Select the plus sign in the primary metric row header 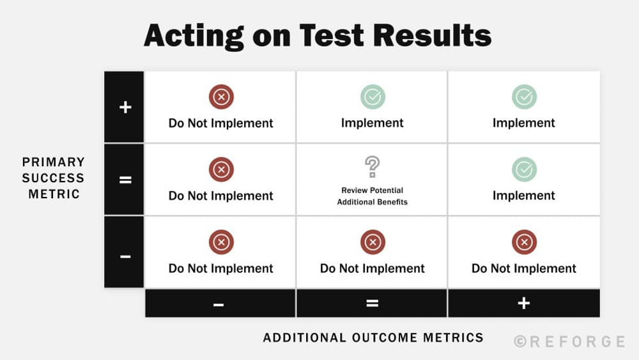(x=125, y=107)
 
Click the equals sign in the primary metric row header (x=125, y=180)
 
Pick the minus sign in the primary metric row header (x=125, y=256)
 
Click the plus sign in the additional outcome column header (x=524, y=303)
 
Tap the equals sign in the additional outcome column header (x=373, y=303)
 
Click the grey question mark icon (x=373, y=167)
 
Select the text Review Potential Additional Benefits (x=373, y=196)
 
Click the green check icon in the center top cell (x=373, y=97)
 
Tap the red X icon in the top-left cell (x=221, y=97)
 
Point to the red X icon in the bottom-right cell (x=524, y=242)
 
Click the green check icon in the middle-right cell (x=524, y=169)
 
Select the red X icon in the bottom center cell (x=373, y=242)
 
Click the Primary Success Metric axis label (x=54, y=178)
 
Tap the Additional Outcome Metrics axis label (x=373, y=338)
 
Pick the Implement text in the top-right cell (x=524, y=123)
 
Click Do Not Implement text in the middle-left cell (x=221, y=196)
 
